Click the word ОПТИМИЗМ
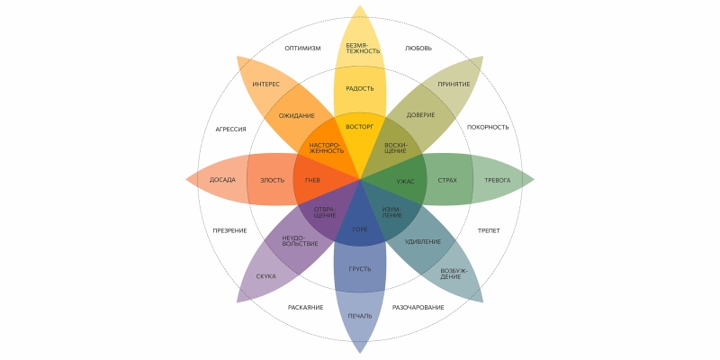tap(302, 48)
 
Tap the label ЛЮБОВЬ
tap(418, 48)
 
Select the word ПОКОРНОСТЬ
tap(488, 127)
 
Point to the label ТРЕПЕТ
tap(490, 230)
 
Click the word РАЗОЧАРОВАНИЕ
tap(418, 307)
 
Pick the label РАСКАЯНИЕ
tap(306, 307)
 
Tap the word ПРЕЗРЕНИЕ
tap(229, 230)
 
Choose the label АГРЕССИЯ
tap(231, 129)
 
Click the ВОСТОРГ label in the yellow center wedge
tap(359, 127)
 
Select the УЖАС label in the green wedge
tap(405, 180)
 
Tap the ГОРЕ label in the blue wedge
tap(360, 229)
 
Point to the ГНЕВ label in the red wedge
tap(312, 180)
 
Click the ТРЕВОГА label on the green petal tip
tap(498, 180)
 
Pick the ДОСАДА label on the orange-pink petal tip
tap(222, 180)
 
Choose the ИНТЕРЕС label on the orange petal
tap(265, 84)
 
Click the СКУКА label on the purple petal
tap(265, 276)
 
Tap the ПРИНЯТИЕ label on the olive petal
tap(454, 84)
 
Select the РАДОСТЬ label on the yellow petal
tap(360, 88)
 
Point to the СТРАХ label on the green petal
tap(447, 180)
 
